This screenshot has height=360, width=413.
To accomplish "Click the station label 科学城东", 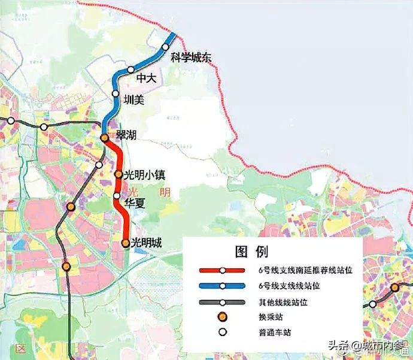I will (192, 58).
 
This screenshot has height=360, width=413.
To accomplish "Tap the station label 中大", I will (146, 78).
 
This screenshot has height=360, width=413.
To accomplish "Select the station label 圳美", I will (133, 100).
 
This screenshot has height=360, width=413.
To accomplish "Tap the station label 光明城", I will (147, 243).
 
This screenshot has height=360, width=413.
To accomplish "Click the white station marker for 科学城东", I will (166, 47).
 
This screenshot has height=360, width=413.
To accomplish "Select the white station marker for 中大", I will (131, 70).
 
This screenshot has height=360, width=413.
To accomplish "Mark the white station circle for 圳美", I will (116, 93).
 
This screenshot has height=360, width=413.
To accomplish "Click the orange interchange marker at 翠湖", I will (104, 138).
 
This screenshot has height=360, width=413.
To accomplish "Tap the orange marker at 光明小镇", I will (119, 175).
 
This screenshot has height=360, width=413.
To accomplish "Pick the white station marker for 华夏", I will (117, 196).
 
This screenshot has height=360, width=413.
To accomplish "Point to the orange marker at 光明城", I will (125, 243).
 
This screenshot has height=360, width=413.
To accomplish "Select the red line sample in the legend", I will (222, 271).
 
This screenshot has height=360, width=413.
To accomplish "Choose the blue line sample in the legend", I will (222, 286).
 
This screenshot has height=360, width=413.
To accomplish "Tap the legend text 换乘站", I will (269, 317).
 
